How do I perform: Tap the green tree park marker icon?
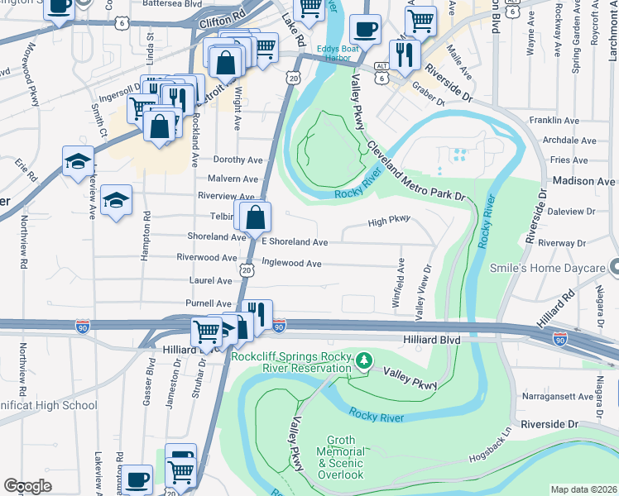click(x=363, y=361)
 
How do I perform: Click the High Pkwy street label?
click(x=389, y=222)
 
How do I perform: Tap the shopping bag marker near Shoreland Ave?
click(x=257, y=218)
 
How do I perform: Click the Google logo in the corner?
click(x=27, y=486)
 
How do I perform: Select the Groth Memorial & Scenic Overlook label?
click(x=341, y=457)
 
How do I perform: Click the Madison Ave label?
click(x=583, y=181)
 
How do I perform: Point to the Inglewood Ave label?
click(x=291, y=263)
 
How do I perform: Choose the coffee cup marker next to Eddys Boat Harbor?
click(x=363, y=31)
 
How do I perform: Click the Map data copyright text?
click(x=584, y=489)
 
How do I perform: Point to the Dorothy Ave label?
click(x=238, y=160)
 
